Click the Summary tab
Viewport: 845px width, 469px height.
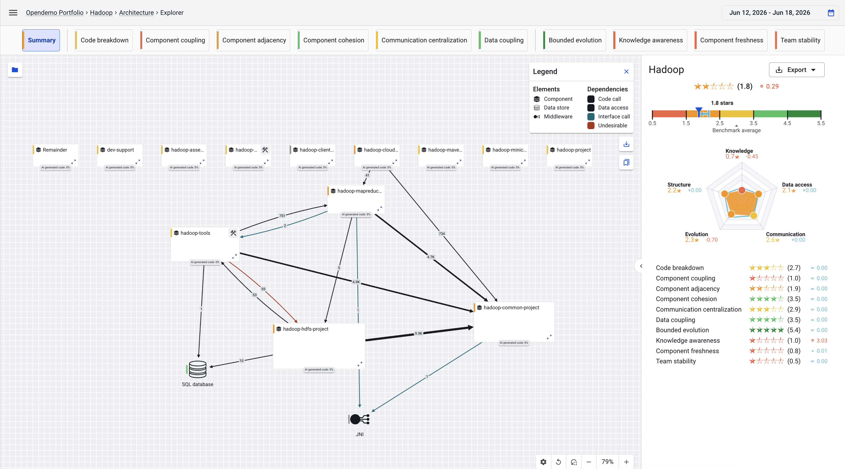[x=41, y=40]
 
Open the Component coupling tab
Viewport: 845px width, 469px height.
[x=175, y=40]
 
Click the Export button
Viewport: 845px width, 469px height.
[x=796, y=70]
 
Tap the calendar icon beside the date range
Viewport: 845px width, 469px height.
[x=831, y=13]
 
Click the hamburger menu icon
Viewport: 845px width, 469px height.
[x=13, y=13]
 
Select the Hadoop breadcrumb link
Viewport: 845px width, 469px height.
[x=101, y=13]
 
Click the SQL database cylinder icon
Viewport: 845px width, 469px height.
[x=197, y=369]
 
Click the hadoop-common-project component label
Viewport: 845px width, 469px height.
[x=511, y=307]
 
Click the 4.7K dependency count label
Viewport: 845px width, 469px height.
[x=430, y=257]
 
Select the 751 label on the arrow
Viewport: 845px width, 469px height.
[x=282, y=216]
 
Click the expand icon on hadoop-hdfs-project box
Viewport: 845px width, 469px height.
[x=360, y=364]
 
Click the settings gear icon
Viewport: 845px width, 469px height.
[x=543, y=462]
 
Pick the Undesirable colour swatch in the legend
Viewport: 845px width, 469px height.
[x=591, y=126]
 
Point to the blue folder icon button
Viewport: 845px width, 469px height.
[x=15, y=70]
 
